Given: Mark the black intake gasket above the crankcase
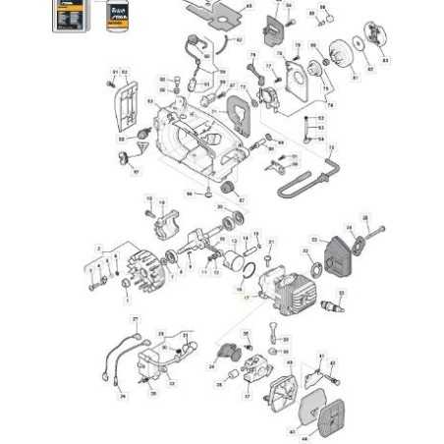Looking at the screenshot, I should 237,109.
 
